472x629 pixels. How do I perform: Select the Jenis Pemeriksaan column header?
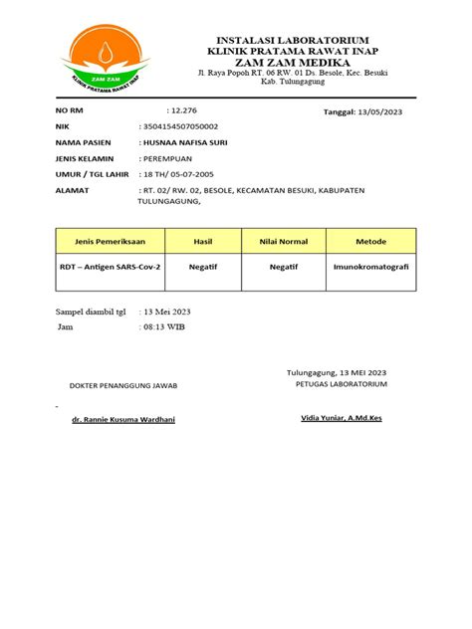coord(110,241)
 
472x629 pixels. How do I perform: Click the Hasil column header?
coord(203,241)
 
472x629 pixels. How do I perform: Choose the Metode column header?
coord(371,241)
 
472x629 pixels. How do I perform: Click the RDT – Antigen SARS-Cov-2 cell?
coord(110,268)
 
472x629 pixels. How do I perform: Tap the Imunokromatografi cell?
coord(371,268)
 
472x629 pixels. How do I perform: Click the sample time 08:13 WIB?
coord(164,326)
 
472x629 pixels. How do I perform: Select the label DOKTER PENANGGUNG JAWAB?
coord(118,385)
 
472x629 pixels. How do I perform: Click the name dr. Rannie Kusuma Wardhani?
coord(117,420)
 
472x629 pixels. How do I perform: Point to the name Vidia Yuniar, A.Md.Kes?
coord(341,418)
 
